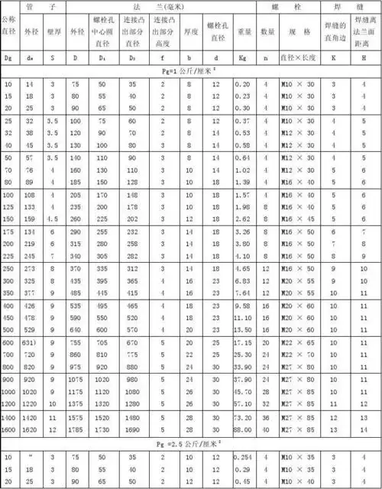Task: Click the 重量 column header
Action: coord(244,33)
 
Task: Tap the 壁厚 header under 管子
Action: coord(53,33)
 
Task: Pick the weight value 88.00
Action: coord(243,430)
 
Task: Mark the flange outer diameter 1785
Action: coord(77,430)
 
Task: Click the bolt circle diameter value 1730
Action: coord(106,430)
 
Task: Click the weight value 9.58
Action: coord(243,306)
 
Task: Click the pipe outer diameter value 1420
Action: coord(31,419)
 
